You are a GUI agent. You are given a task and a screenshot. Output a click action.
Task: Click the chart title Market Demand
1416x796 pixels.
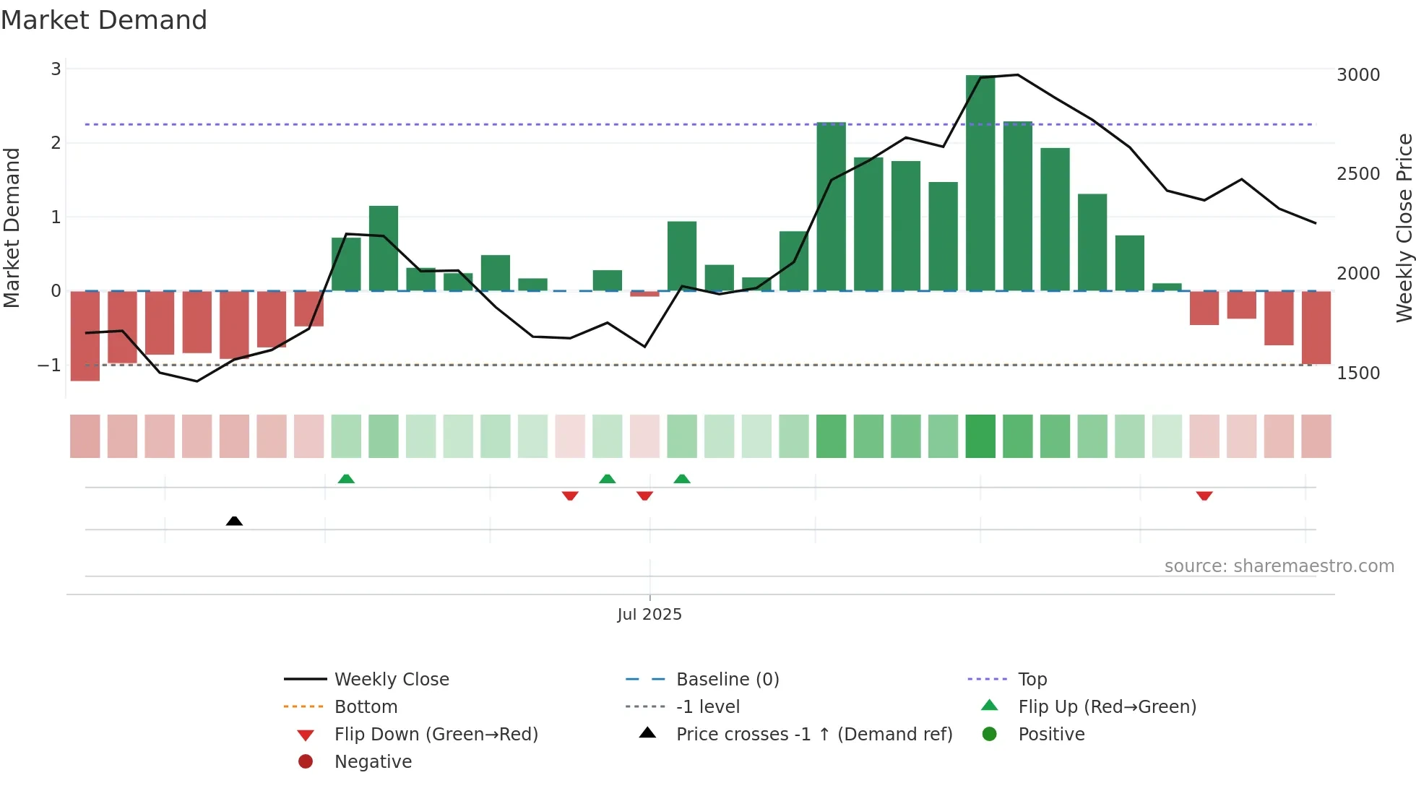point(104,20)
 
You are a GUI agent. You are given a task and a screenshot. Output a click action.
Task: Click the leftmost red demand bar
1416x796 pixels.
point(85,335)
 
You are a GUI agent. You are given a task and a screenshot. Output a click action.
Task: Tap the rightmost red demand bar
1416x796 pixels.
point(1316,327)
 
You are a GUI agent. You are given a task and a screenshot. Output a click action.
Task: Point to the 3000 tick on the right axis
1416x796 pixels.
point(1357,75)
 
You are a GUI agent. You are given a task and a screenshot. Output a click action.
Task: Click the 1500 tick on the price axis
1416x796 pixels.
point(1357,373)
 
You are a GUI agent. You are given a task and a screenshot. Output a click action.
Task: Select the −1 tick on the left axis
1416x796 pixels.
point(50,365)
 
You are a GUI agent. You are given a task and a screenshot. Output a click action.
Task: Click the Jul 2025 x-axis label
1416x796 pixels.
point(649,615)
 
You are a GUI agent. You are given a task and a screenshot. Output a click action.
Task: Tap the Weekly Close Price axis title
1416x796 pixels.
point(1404,228)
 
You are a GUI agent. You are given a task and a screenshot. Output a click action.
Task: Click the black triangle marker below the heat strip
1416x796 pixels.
point(234,521)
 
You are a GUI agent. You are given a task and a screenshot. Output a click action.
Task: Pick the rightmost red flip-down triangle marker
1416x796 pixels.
point(1204,496)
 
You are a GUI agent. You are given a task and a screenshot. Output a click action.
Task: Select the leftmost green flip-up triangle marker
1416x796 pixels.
point(346,479)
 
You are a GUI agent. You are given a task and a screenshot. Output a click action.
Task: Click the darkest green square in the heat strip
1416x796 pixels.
point(980,436)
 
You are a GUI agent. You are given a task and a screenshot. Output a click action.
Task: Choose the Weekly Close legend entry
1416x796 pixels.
point(391,680)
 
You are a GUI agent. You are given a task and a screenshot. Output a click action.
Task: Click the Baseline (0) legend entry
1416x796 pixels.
point(727,680)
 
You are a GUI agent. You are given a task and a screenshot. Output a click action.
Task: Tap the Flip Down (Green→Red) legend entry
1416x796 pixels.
point(436,735)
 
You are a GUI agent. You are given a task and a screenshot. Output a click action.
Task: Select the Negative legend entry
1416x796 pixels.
point(373,762)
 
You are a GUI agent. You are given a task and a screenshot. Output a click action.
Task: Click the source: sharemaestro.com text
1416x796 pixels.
point(1279,566)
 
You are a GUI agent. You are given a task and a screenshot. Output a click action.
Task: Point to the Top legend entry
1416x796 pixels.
point(1032,680)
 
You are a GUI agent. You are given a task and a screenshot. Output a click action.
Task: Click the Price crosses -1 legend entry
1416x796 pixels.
point(813,735)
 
